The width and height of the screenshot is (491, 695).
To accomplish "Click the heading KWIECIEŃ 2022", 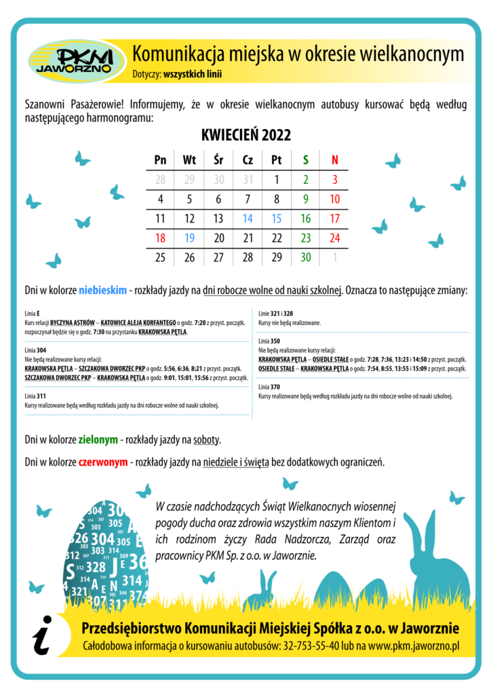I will click(246, 134).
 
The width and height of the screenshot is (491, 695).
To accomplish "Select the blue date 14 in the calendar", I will click(248, 219).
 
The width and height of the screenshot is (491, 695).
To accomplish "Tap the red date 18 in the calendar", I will click(161, 238).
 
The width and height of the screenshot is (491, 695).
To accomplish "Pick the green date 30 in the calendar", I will click(306, 257).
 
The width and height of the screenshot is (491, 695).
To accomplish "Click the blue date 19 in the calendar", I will click(190, 238).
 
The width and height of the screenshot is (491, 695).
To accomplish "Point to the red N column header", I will click(334, 160).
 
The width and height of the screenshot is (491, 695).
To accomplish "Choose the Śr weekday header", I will click(218, 160).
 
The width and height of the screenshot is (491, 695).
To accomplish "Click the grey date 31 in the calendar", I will click(248, 180).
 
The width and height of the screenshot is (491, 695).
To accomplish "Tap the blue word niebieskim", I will click(102, 290).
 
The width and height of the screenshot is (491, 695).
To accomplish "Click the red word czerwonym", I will click(103, 463).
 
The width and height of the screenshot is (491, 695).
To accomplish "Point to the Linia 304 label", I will click(35, 350).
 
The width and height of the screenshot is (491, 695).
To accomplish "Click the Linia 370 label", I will click(270, 386).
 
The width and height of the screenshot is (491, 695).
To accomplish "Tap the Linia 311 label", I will click(35, 395).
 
